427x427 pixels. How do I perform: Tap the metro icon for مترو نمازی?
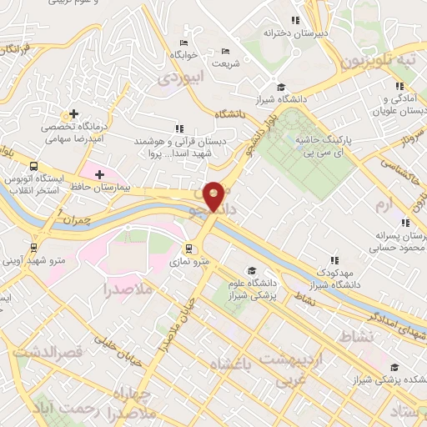click(x=189, y=248)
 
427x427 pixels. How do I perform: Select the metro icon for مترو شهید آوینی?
click(x=33, y=247)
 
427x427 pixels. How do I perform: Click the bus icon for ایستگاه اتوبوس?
click(x=33, y=166)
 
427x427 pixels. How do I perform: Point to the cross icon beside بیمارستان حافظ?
click(x=99, y=173)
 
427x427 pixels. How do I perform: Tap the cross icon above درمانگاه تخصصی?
click(x=74, y=113)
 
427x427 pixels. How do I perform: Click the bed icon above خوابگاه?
click(x=183, y=43)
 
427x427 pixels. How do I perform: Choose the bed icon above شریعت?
click(x=225, y=52)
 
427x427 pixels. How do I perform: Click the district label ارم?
click(x=383, y=204)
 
